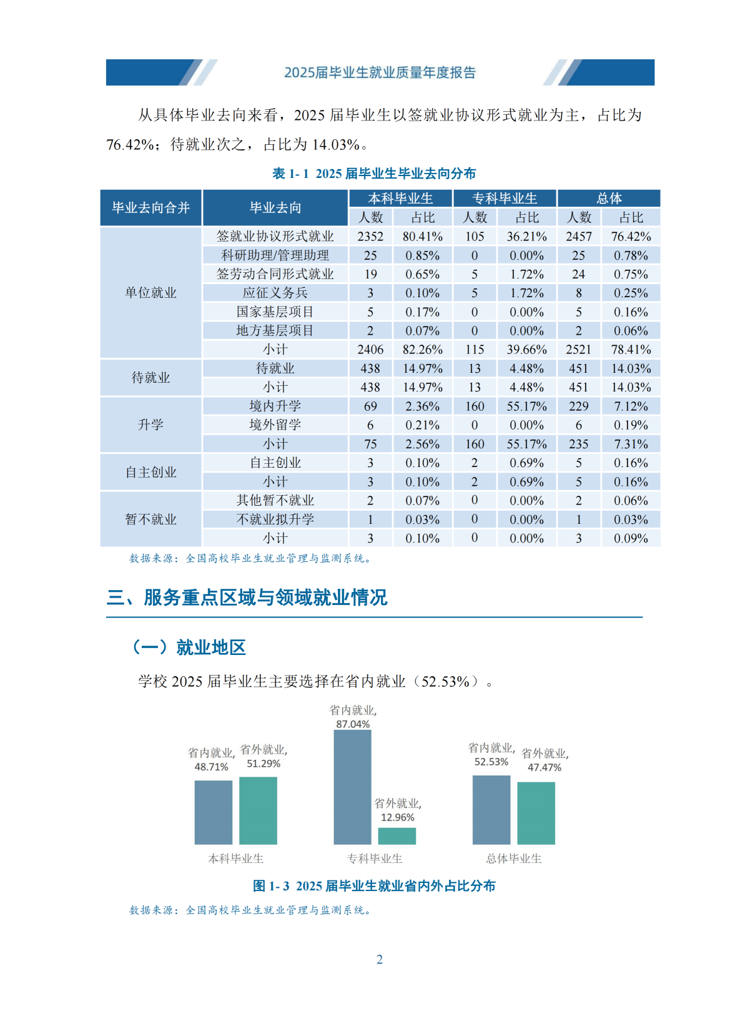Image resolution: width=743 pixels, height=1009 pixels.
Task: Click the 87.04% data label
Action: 353,724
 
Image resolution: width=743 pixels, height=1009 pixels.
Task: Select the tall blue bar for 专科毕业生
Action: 352,787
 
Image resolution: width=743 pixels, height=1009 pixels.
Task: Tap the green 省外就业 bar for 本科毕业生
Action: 258,810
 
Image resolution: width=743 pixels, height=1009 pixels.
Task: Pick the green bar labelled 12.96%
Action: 397,836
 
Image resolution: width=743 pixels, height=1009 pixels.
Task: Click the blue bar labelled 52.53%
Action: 491,810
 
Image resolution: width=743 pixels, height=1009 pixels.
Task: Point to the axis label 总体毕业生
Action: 514,859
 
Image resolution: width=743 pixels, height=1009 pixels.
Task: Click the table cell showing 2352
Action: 370,237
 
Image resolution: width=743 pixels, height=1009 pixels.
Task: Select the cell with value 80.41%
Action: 423,237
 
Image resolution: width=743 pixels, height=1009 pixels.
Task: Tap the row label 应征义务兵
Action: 275,293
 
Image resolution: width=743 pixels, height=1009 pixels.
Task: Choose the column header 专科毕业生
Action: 504,199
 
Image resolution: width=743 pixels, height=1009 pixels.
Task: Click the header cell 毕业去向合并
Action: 151,208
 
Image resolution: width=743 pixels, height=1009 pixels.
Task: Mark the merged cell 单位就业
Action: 151,293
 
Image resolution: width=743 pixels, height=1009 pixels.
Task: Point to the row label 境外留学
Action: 275,425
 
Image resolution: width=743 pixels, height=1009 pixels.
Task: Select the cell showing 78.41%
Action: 631,350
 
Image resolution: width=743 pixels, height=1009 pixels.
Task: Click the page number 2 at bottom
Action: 380,960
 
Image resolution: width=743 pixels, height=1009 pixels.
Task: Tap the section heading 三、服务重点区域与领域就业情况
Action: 247,598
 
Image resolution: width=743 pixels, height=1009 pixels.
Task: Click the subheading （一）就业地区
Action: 189,647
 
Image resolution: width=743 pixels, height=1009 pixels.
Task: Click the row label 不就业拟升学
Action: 275,519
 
